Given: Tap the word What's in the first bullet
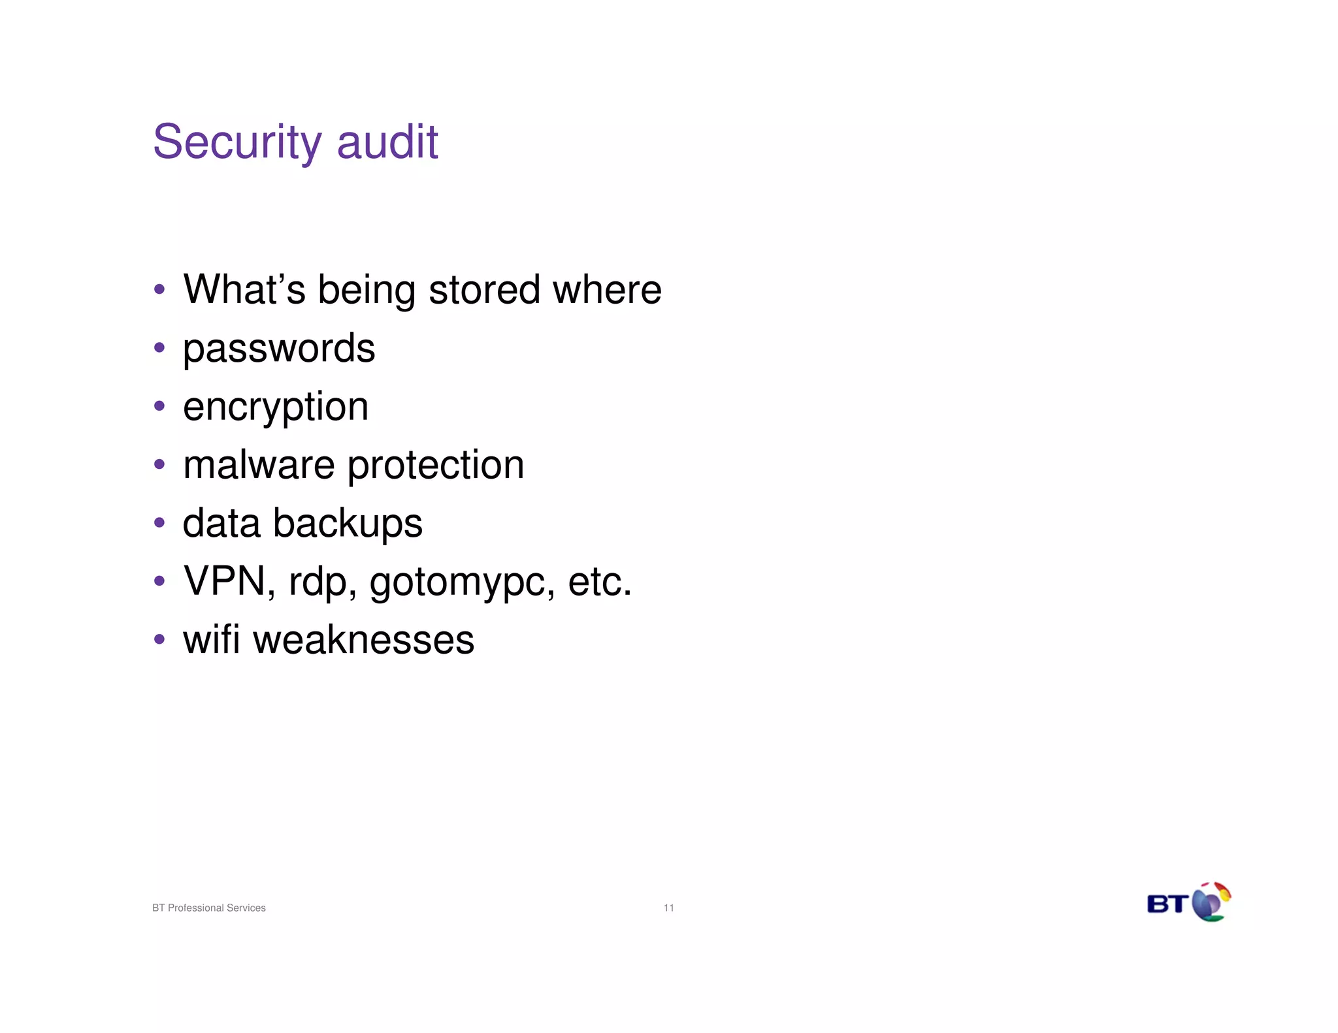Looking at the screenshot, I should click(x=244, y=289).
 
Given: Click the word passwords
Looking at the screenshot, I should click(x=279, y=349).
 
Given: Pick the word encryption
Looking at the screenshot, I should click(x=276, y=407).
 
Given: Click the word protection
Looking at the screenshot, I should click(x=435, y=466).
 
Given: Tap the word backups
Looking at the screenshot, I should click(x=348, y=524).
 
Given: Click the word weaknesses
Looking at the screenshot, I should click(x=363, y=640).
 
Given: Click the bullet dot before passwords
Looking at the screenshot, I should click(x=159, y=347).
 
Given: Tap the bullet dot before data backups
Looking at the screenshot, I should click(x=159, y=522).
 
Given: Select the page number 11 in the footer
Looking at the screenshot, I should click(x=668, y=908).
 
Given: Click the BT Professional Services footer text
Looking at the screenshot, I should click(x=209, y=908).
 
